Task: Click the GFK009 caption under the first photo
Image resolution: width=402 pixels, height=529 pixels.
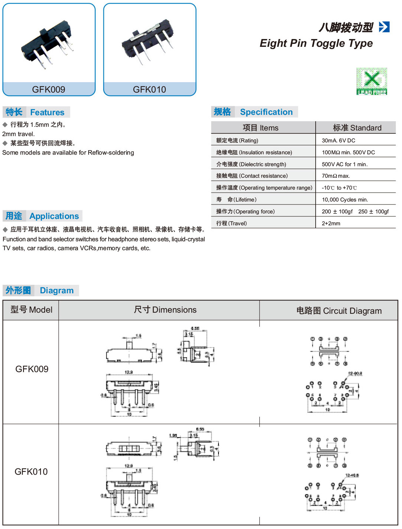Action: [x=48, y=89]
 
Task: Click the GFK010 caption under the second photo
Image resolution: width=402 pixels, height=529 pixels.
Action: [x=149, y=89]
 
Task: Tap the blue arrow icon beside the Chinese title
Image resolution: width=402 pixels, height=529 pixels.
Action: [x=384, y=27]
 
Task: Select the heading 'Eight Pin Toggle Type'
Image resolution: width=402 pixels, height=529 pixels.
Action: [x=316, y=43]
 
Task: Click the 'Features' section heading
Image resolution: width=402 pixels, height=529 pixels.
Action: [x=47, y=112]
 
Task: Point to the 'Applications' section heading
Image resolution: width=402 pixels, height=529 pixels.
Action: [x=54, y=216]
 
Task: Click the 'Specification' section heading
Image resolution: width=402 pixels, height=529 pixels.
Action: [x=266, y=112]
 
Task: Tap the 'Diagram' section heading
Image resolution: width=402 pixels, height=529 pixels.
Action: [x=57, y=290]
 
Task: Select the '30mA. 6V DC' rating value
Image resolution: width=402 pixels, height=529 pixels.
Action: [x=338, y=141]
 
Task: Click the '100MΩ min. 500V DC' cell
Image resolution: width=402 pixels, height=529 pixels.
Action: [x=348, y=152]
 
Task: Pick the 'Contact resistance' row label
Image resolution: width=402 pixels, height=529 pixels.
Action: [x=252, y=176]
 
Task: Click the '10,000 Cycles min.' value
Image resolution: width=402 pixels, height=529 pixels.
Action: [x=345, y=200]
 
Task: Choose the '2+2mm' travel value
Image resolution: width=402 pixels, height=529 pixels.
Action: [x=331, y=223]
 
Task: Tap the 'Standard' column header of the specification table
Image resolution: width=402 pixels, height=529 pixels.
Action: [x=357, y=128]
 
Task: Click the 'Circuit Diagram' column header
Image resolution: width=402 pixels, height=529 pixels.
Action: [x=339, y=311]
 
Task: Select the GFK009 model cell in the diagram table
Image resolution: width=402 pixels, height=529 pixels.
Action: [x=32, y=369]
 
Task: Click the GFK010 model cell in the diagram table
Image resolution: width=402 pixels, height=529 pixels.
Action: [x=31, y=472]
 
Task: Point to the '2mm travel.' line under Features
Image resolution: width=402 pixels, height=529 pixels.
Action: [x=19, y=134]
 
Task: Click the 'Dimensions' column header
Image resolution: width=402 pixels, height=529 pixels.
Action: [x=165, y=310]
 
